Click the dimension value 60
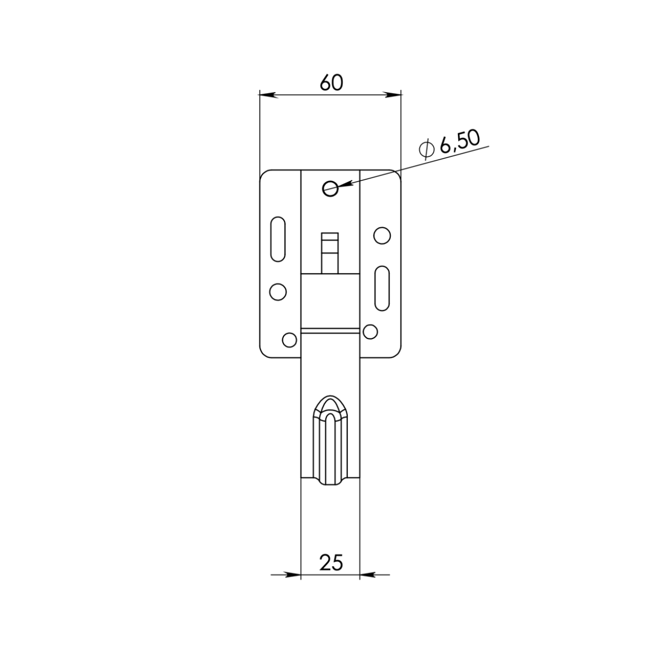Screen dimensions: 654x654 [331, 82]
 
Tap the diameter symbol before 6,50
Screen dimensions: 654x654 [427, 149]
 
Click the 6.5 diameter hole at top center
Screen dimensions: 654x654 [330, 189]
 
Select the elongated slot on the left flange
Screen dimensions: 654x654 [278, 239]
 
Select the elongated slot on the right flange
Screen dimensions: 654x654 [382, 288]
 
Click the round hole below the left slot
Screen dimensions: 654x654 [277, 292]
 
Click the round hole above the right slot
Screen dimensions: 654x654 [382, 235]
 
